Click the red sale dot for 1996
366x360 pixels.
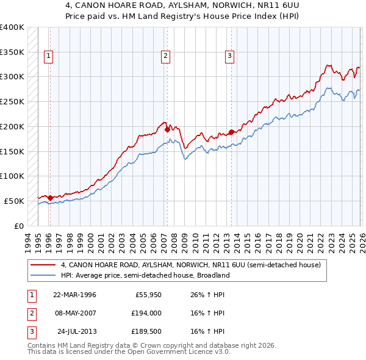[50, 197]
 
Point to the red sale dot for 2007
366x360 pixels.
[167, 129]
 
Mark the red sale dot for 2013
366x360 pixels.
[232, 131]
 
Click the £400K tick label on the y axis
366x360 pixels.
[12, 27]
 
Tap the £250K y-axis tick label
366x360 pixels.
[12, 102]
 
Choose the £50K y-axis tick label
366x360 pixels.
[13, 201]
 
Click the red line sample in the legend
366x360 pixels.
[44, 265]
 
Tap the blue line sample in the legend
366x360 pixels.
[44, 276]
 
